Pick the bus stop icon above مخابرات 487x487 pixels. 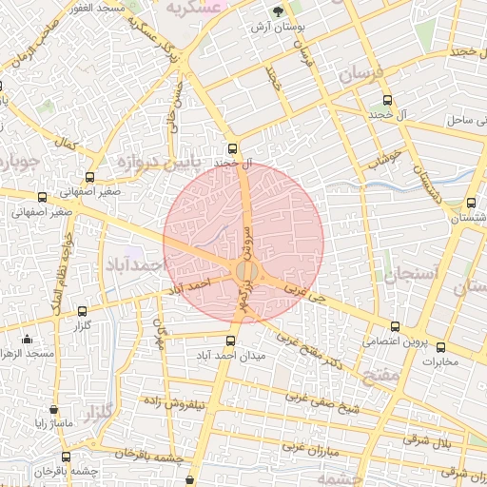click(440, 346)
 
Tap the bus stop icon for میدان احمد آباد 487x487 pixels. click(229, 341)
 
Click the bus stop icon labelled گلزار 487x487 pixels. click(81, 310)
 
